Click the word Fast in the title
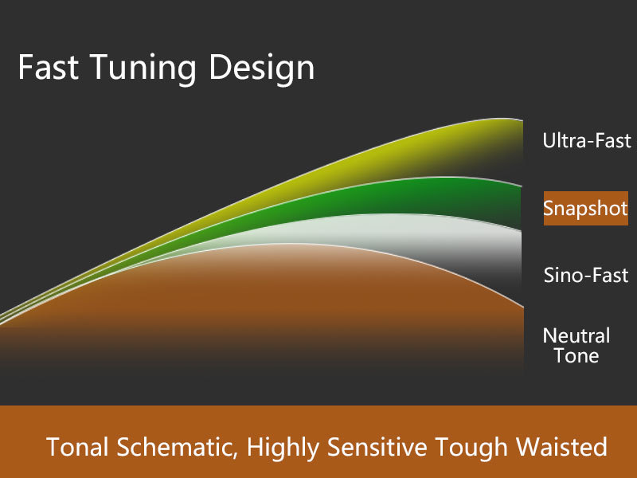point(49,67)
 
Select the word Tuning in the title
point(143,69)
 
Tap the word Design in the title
point(262,69)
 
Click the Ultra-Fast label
point(587,141)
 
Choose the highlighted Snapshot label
point(586,208)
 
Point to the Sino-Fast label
point(586,275)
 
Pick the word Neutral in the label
point(576,335)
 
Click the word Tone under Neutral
point(576,355)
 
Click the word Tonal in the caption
point(77,447)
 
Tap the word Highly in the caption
point(283,449)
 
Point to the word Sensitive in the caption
point(377,447)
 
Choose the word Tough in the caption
point(471,449)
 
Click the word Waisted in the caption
point(562,447)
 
